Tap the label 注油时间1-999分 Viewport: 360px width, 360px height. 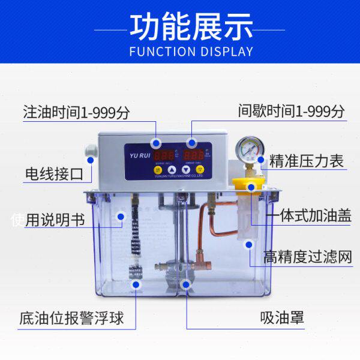pos(76,112)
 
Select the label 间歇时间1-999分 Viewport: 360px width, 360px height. pos(291,112)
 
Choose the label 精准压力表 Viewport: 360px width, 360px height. pos(306,161)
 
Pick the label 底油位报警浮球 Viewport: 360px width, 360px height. pos(71,317)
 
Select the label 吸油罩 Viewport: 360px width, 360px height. pos(282,317)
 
